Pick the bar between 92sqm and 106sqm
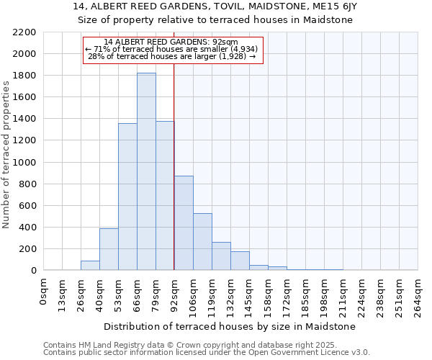point(184,223)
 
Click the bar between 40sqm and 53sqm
point(109,249)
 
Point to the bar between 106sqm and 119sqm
point(202,242)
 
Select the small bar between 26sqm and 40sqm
point(90,265)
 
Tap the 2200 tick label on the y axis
point(24,32)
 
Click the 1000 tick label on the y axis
point(24,162)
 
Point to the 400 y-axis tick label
point(27,228)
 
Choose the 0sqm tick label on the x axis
point(43,292)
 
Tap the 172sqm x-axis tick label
point(287,295)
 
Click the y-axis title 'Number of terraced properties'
point(6,155)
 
